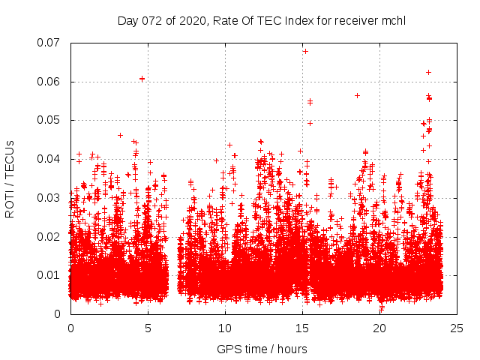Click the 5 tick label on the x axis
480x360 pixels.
(x=148, y=328)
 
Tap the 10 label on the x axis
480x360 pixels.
(x=225, y=328)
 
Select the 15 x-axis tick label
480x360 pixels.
(x=302, y=328)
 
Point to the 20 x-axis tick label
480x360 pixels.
(x=379, y=328)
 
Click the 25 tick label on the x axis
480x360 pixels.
(x=457, y=328)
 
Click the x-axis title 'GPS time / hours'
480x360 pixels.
(x=262, y=349)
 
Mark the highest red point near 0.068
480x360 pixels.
(x=305, y=51)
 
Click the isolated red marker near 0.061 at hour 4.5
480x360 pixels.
(x=142, y=79)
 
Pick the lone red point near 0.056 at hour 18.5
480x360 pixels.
(x=357, y=95)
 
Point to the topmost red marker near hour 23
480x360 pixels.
(x=428, y=72)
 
